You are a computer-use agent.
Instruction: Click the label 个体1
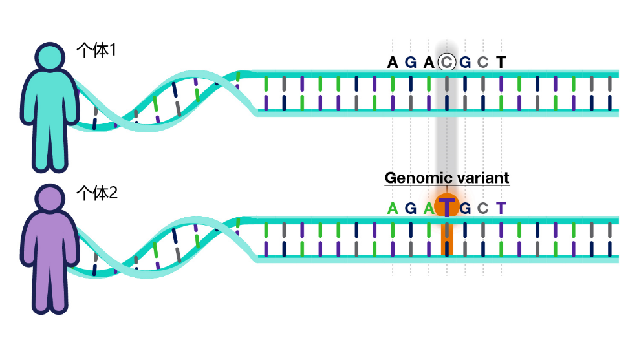tap(96, 50)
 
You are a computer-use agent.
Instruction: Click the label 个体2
tap(97, 193)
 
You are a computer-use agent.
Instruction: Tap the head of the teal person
tap(50, 57)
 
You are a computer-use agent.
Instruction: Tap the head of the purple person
tap(50, 198)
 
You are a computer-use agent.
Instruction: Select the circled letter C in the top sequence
tap(447, 62)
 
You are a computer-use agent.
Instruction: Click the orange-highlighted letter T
tap(447, 207)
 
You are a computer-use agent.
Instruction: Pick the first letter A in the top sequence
tap(393, 62)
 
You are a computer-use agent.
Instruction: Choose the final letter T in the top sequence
tap(501, 62)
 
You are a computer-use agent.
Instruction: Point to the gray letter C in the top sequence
tap(483, 62)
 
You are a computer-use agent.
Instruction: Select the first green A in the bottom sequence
tap(393, 209)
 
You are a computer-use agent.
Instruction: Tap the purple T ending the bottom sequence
tap(501, 209)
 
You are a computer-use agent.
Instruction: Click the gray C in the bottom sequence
tap(483, 209)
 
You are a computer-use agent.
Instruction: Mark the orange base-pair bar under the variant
tap(447, 238)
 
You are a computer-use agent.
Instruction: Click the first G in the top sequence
tap(411, 62)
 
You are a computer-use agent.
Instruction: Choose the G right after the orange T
tap(465, 209)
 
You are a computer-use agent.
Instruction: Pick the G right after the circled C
tap(465, 62)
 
